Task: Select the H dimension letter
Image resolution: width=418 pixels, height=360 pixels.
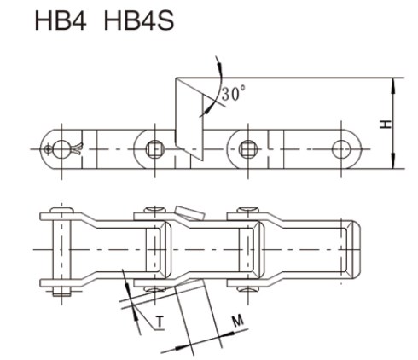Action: pyautogui.click(x=386, y=125)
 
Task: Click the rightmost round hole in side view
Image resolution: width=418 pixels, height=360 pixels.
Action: pyautogui.click(x=345, y=148)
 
